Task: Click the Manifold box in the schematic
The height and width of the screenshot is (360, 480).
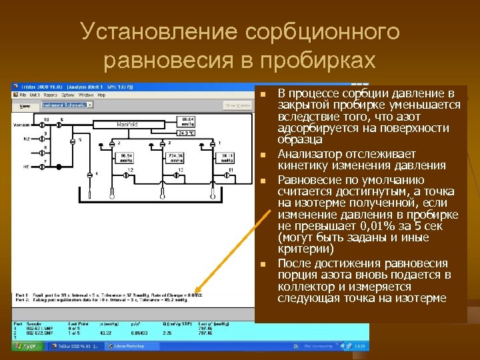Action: pos(127,124)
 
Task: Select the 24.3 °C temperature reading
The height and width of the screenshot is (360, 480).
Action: pos(186,133)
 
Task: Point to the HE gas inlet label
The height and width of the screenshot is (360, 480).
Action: pos(27,166)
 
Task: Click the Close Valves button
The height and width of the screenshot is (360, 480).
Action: pos(237,105)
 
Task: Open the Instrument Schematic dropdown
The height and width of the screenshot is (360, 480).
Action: pos(67,105)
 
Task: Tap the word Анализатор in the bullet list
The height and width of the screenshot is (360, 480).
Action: pos(307,153)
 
